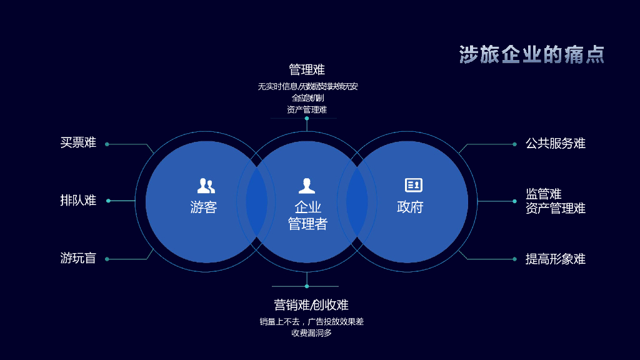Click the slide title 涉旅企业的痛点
[x=532, y=54]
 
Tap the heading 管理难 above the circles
[x=307, y=69]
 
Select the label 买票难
[x=78, y=142]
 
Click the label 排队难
[x=78, y=201]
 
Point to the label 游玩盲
[x=78, y=258]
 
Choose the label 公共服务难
[x=555, y=143]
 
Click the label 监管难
[x=543, y=194]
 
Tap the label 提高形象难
[x=555, y=259]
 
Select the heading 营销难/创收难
[x=311, y=305]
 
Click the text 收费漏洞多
[x=311, y=333]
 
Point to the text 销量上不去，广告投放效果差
[x=311, y=322]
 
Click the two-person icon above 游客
[x=206, y=185]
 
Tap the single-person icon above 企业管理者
[x=307, y=186]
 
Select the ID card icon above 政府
[x=413, y=185]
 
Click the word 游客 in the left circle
[x=203, y=207]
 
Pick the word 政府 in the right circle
[x=410, y=207]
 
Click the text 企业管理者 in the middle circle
[x=307, y=215]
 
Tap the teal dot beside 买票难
[x=107, y=144]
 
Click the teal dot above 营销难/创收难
[x=307, y=286]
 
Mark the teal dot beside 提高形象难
[x=514, y=259]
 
